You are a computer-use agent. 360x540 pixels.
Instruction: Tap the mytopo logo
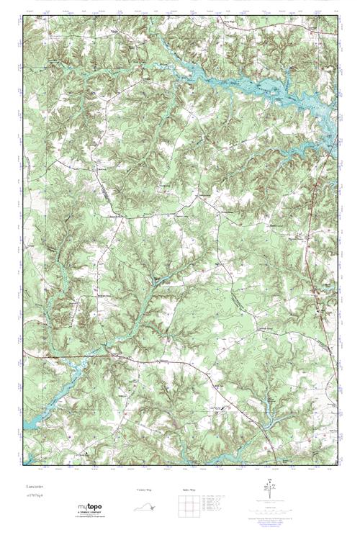point(90,508)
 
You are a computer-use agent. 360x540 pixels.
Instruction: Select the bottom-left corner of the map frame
point(23,468)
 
